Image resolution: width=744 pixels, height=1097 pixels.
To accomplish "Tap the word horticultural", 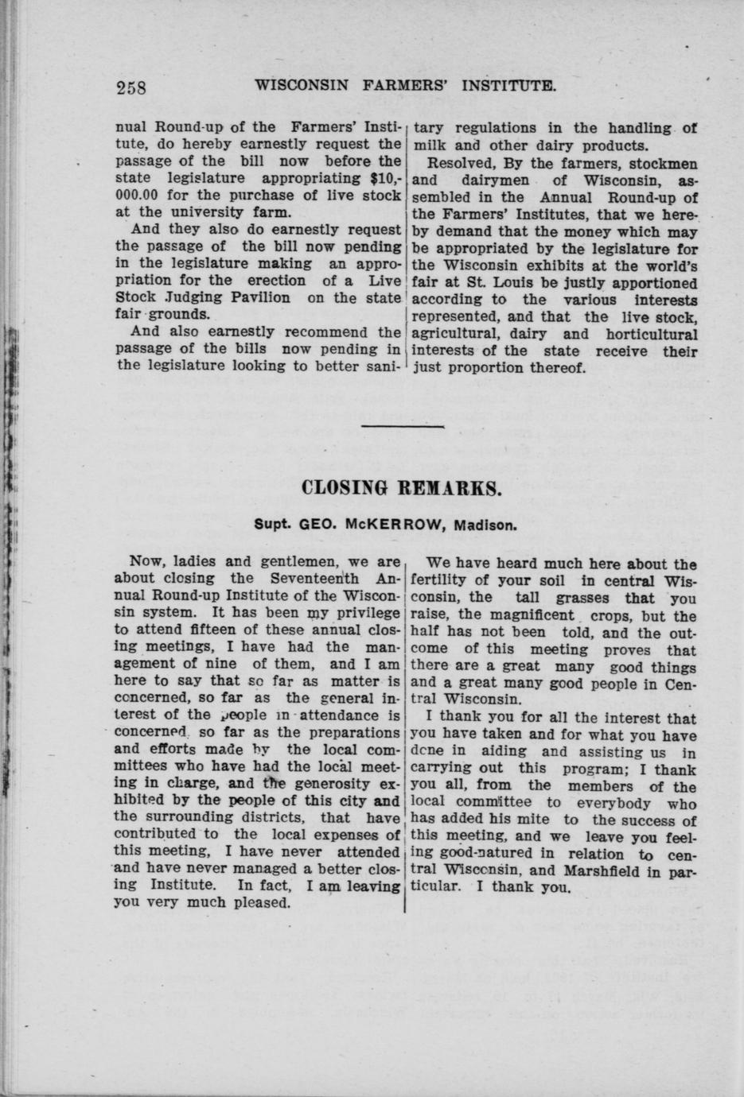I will coord(652,335).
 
